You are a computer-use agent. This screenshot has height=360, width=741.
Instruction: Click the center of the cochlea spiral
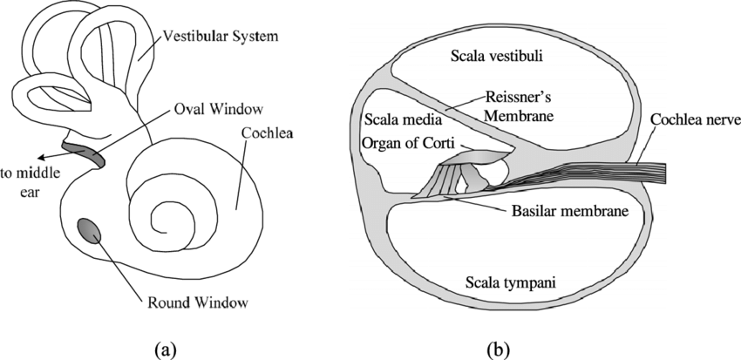[166, 214]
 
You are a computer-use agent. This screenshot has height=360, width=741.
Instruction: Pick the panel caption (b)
[498, 350]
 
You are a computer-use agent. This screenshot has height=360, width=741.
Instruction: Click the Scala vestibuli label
[497, 58]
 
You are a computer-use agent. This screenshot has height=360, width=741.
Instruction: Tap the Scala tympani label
[498, 282]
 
